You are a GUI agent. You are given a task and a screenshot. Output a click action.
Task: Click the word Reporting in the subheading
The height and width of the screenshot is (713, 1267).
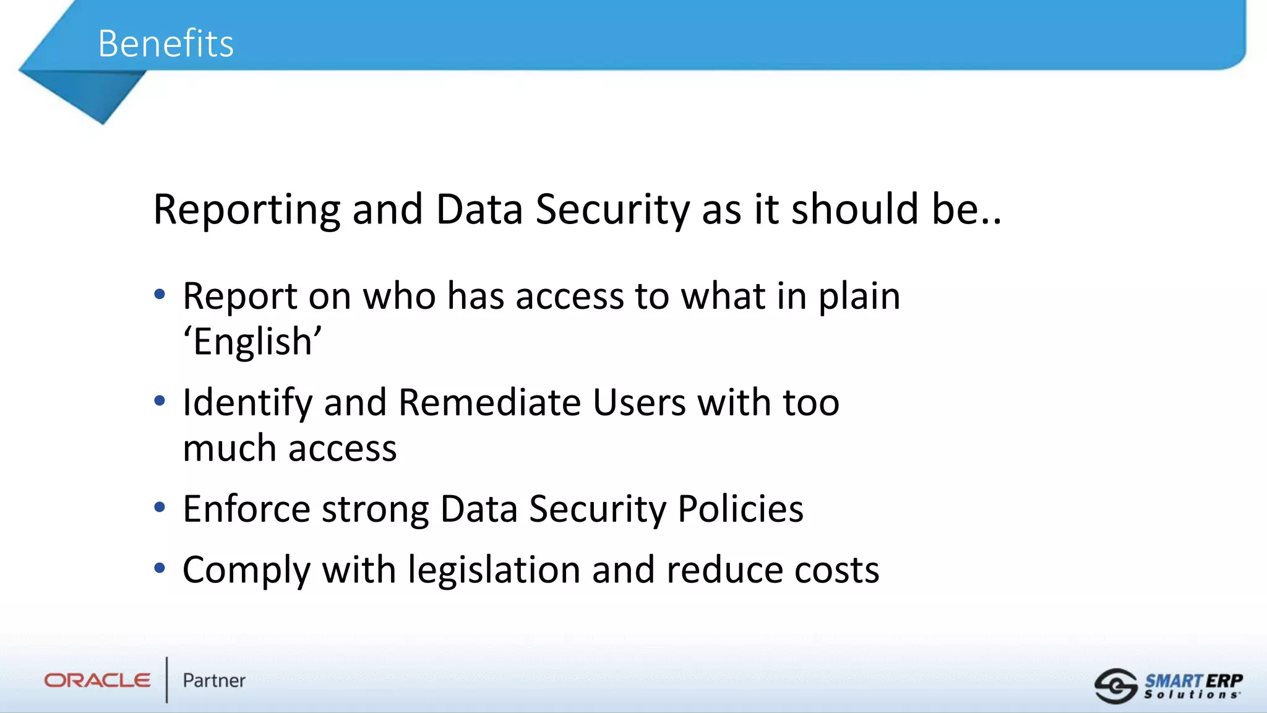[246, 210]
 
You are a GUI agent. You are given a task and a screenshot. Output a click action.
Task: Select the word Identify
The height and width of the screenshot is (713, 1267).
[247, 403]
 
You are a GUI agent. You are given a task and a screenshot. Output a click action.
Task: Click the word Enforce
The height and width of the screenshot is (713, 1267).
[246, 509]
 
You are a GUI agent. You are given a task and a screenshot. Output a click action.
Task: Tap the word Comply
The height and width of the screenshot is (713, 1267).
[246, 570]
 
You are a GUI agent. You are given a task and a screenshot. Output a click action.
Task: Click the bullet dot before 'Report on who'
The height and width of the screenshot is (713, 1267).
[160, 294]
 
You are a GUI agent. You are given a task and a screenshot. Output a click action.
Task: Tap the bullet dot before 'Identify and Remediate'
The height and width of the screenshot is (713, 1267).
[160, 401]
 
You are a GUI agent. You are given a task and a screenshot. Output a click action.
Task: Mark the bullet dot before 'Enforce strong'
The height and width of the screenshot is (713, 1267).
[160, 508]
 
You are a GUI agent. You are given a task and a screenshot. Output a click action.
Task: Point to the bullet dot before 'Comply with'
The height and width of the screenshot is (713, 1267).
[160, 568]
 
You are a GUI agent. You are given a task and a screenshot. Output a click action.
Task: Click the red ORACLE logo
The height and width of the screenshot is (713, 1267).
[97, 681]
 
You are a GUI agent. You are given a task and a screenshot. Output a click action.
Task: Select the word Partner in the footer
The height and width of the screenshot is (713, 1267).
[214, 681]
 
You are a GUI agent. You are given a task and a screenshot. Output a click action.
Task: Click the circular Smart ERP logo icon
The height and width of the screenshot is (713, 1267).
[1115, 686]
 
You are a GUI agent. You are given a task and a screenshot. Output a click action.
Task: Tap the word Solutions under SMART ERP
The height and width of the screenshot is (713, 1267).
[1192, 695]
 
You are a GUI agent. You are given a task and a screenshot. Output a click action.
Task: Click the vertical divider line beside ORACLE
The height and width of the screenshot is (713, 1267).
[166, 680]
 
